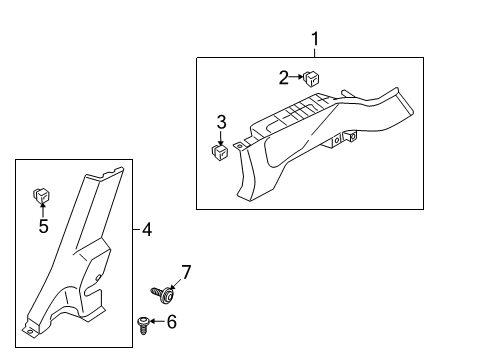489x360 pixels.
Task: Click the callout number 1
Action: [x=315, y=39]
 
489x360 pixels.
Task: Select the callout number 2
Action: [x=283, y=78]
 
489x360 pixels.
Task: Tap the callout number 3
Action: [x=222, y=122]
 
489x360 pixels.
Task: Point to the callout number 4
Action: [x=147, y=230]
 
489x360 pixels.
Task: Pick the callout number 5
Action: [x=44, y=226]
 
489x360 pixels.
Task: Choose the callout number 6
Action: [x=172, y=322]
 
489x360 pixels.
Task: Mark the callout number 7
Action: [x=186, y=272]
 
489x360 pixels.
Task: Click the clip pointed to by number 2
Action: [x=311, y=79]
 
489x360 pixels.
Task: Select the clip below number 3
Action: [x=220, y=152]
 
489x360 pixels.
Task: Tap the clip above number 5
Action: [x=41, y=196]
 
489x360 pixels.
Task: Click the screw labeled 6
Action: [x=143, y=326]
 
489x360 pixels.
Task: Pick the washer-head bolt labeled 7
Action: [x=163, y=295]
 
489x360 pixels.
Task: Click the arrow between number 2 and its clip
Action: [x=296, y=77]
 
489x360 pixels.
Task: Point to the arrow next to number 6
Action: [x=157, y=321]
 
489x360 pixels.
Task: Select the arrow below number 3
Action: [x=221, y=138]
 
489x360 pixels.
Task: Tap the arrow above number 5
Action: [x=43, y=209]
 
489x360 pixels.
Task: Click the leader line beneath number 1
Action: [x=314, y=52]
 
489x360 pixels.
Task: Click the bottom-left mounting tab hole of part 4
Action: [x=30, y=331]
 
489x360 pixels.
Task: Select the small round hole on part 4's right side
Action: [x=98, y=278]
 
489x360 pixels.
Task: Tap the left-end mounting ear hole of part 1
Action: [x=239, y=146]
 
